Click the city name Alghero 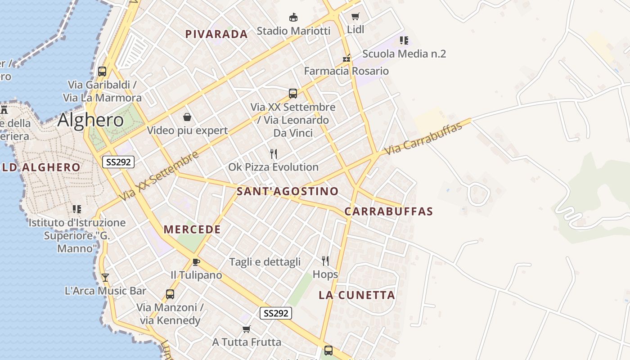pyautogui.click(x=90, y=120)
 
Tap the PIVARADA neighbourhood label pyautogui.click(x=216, y=34)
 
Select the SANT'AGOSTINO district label pyautogui.click(x=288, y=191)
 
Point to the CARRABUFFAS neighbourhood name pyautogui.click(x=389, y=211)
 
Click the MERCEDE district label pyautogui.click(x=192, y=229)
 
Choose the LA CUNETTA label pyautogui.click(x=357, y=295)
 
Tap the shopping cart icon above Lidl pyautogui.click(x=355, y=17)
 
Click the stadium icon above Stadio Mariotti pyautogui.click(x=293, y=18)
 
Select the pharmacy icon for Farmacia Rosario pyautogui.click(x=346, y=58)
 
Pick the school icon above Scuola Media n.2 pyautogui.click(x=404, y=40)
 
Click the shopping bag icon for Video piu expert pyautogui.click(x=187, y=117)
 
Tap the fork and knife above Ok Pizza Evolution pyautogui.click(x=273, y=154)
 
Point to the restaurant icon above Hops pyautogui.click(x=325, y=261)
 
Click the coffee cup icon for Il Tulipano pyautogui.click(x=196, y=262)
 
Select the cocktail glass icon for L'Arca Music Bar pyautogui.click(x=105, y=278)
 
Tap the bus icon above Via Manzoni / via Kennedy pyautogui.click(x=170, y=294)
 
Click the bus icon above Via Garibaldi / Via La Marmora pyautogui.click(x=102, y=71)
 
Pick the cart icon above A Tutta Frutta pyautogui.click(x=246, y=329)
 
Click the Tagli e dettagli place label pyautogui.click(x=265, y=262)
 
